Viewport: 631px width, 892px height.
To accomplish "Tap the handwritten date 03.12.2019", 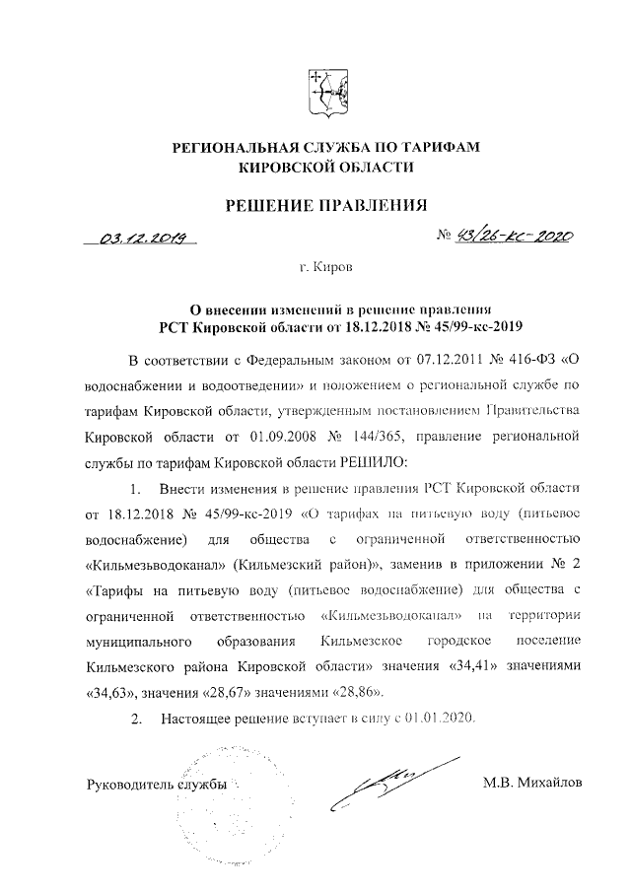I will (140, 237).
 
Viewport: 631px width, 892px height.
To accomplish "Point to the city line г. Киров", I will (325, 267).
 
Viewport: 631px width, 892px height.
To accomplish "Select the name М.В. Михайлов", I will (532, 785).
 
